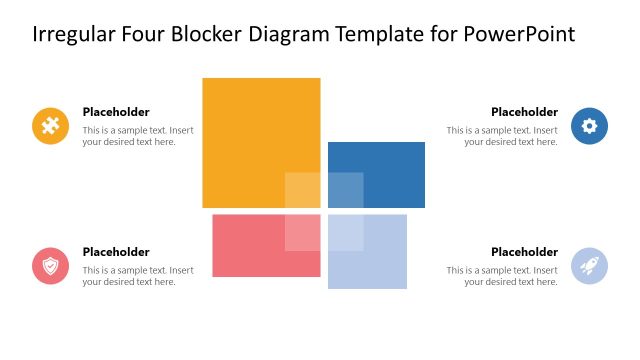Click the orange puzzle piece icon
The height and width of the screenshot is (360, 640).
coord(50,126)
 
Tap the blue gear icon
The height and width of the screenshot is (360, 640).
coord(589,126)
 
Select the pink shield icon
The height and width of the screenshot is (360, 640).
coord(50,266)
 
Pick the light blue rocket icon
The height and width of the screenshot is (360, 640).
coord(589,266)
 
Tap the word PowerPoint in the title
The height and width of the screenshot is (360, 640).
coord(520,35)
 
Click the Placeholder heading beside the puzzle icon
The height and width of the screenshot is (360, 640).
coord(116,112)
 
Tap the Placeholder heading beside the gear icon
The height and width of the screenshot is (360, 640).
coord(524,112)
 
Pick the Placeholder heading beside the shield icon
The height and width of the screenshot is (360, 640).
coord(116,252)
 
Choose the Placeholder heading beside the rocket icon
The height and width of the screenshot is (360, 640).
coord(524,252)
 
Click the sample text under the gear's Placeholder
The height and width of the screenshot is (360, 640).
coord(502,136)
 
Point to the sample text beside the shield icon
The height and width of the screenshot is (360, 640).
coord(138,276)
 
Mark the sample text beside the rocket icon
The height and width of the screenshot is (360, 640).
coord(502,276)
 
